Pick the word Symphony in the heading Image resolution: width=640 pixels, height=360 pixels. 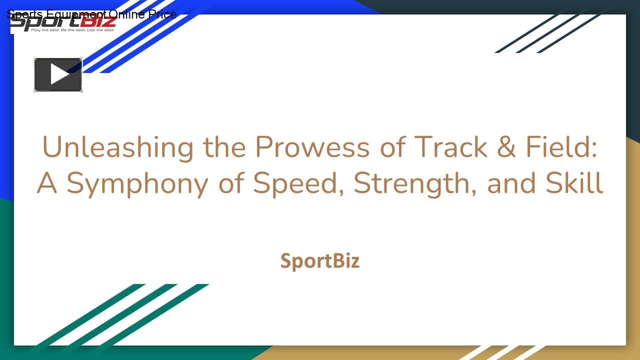pyautogui.click(x=137, y=184)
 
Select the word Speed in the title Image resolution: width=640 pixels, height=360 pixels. pyautogui.click(x=298, y=184)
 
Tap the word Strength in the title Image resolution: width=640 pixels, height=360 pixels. pyautogui.click(x=415, y=184)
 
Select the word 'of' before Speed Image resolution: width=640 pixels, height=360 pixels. pyautogui.click(x=232, y=183)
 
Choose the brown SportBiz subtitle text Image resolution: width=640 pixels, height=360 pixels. pyautogui.click(x=320, y=261)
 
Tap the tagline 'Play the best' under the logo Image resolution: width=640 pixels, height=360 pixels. pyautogui.click(x=72, y=30)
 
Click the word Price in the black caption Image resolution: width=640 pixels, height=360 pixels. pyautogui.click(x=162, y=14)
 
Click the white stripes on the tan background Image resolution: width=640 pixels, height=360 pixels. pyautogui.click(x=500, y=352)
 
